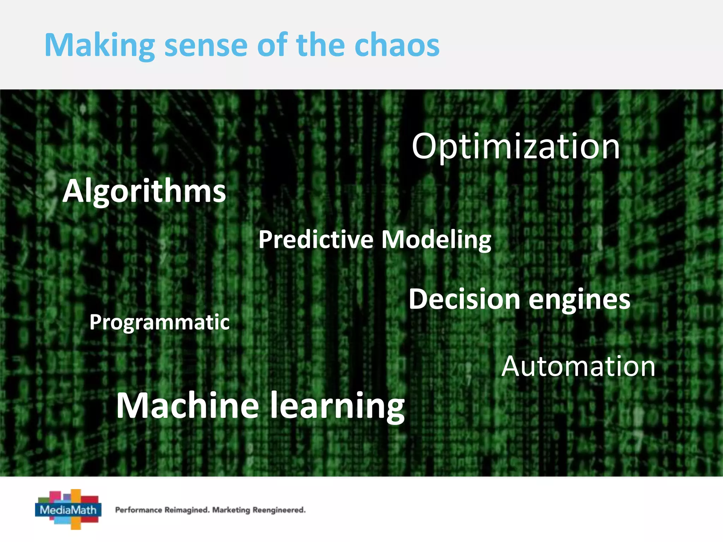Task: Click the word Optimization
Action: click(x=515, y=146)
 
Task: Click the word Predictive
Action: click(x=316, y=240)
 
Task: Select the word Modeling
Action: click(x=436, y=240)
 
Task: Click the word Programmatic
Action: click(x=159, y=323)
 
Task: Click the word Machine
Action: click(x=188, y=406)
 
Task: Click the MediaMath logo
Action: click(x=68, y=509)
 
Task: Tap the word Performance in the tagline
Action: click(x=138, y=510)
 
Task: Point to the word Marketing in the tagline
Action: click(x=231, y=510)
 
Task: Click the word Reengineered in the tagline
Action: click(x=279, y=510)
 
